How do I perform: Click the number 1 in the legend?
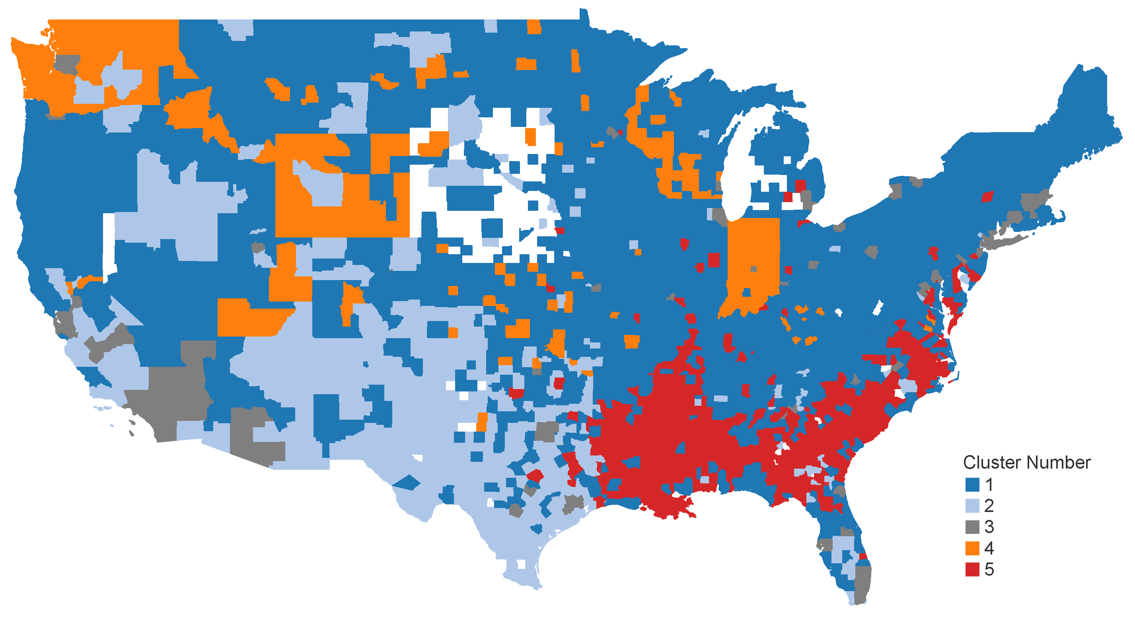pos(989,485)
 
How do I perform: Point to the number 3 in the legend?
pos(989,527)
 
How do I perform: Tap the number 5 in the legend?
pos(989,569)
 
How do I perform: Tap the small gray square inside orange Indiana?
pos(753,269)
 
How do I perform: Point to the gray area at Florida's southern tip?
pos(862,582)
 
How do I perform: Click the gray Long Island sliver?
pos(1009,241)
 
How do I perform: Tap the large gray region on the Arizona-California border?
pos(172,397)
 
